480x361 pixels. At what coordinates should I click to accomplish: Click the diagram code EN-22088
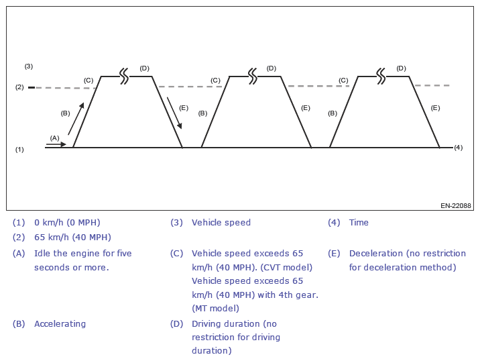pos(456,206)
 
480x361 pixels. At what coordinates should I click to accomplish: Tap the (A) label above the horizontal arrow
pos(54,138)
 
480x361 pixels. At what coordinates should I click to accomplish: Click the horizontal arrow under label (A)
pos(58,144)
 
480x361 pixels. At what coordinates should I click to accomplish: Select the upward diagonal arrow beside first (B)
pos(76,118)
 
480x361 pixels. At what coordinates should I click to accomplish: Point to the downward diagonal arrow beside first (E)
pos(174,113)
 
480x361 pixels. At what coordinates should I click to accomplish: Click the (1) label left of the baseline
pos(19,149)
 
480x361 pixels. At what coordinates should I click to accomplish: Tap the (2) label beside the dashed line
pos(19,87)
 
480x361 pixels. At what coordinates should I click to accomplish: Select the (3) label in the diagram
pos(28,66)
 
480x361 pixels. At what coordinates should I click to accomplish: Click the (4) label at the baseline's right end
pos(459,148)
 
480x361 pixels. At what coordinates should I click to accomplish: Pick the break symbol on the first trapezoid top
pos(124,76)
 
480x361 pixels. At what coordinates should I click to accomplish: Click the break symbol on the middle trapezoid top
pos(252,76)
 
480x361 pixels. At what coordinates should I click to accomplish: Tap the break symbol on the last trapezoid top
pos(381,76)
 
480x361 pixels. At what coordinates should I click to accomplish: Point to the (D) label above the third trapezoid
pos(401,68)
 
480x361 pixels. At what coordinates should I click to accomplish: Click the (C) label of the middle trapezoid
pos(215,81)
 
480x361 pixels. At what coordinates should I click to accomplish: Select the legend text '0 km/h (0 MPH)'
pos(67,222)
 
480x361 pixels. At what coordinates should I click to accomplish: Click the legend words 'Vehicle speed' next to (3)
pos(221,222)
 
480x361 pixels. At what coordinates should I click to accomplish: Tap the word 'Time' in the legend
pos(359,222)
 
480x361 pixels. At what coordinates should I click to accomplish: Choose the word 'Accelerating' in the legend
pos(60,323)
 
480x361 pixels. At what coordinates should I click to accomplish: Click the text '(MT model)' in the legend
pos(215,308)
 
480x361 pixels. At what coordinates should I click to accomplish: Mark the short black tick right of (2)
pos(32,88)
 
